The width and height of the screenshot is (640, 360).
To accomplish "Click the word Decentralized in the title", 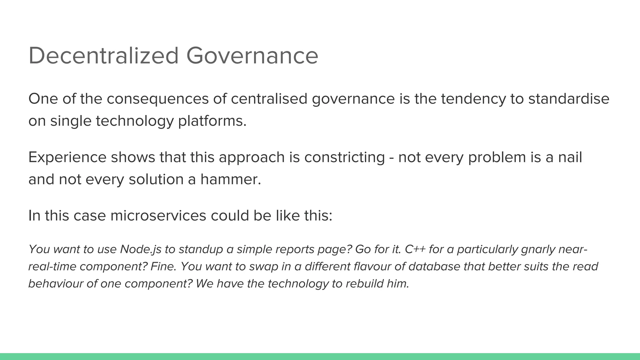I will click(x=103, y=56).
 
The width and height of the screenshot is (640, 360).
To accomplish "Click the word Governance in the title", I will click(x=252, y=56).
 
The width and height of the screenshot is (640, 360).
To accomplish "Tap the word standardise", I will click(x=569, y=99).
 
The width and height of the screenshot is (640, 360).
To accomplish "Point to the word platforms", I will click(x=212, y=121).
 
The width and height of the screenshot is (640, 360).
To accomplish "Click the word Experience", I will click(x=67, y=157).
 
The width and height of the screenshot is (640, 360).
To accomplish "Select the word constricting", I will click(x=344, y=157).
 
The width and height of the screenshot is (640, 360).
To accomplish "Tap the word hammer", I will click(x=230, y=180).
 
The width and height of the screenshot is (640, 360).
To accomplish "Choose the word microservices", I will click(x=158, y=216).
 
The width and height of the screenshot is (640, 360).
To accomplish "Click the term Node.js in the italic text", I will click(x=141, y=249).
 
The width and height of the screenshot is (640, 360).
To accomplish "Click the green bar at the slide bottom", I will click(x=320, y=356).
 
